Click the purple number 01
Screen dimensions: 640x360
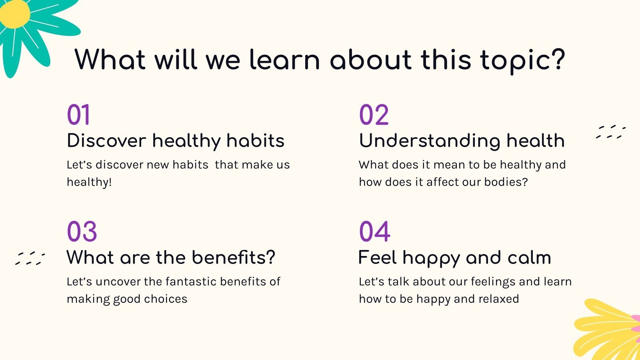(78, 114)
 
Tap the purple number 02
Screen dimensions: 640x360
(374, 114)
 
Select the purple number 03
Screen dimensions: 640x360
(82, 232)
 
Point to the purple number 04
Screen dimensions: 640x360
(374, 232)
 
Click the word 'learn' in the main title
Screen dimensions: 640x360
(284, 60)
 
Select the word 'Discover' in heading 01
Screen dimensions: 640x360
(106, 140)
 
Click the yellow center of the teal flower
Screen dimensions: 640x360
(15, 14)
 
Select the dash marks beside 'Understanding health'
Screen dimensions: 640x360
(610, 132)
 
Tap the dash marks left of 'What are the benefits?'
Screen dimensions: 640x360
(30, 258)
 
